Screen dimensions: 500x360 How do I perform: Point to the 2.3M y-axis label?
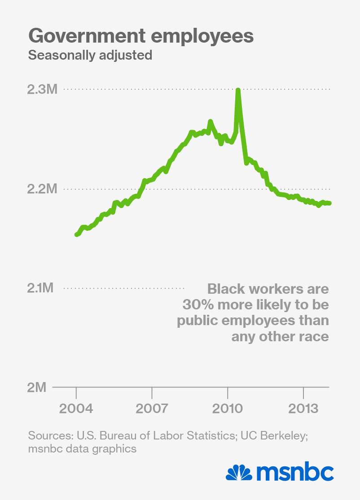coord(42,90)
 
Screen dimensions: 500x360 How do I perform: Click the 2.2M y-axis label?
coord(42,189)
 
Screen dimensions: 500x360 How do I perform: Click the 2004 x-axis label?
coord(76,409)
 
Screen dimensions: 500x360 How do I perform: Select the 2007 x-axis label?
coord(152,409)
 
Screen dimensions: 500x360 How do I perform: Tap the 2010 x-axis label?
coord(228,409)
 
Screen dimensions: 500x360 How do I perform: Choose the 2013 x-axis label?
coord(304,409)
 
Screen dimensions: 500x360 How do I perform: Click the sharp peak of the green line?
coord(238,91)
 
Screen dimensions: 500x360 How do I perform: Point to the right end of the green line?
coord(329,203)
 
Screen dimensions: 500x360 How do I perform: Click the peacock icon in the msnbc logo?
coord(239,474)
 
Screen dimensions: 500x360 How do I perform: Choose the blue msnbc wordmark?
coord(295,473)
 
